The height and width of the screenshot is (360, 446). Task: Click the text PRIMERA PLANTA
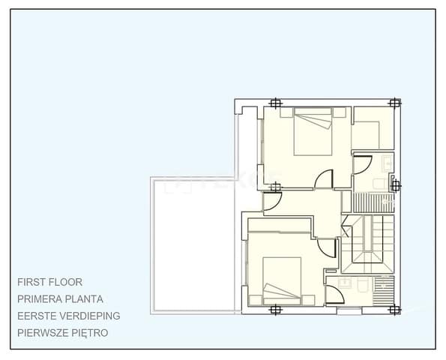coord(60,298)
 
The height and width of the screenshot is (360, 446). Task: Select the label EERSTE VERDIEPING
coord(68,316)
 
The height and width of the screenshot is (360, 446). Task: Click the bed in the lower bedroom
coord(283,280)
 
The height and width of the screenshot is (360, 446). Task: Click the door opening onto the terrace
coord(271,200)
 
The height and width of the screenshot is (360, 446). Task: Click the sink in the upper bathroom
coord(387,163)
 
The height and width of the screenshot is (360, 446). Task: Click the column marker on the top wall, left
coord(277,103)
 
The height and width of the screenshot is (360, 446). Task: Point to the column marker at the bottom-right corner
coord(397,308)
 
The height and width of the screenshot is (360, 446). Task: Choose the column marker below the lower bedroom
coord(277,308)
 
